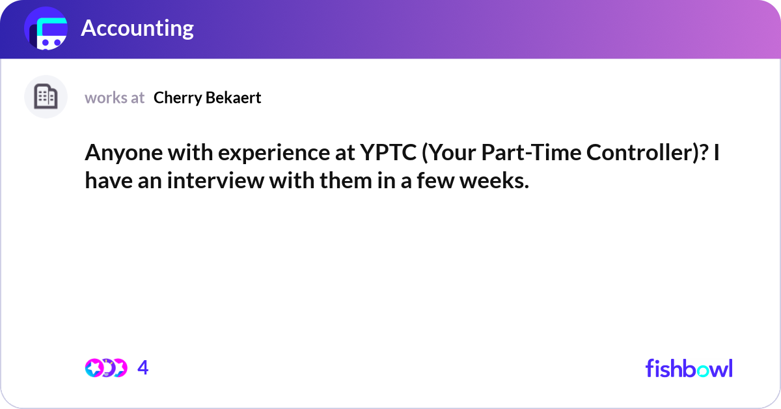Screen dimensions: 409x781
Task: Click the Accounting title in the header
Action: click(137, 28)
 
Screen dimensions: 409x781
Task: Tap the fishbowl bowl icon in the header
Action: click(46, 29)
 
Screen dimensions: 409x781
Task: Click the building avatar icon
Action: click(46, 97)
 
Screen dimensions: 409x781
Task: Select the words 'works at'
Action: click(115, 98)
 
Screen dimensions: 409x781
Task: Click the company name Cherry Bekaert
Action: click(207, 98)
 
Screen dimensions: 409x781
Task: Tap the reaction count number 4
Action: click(143, 368)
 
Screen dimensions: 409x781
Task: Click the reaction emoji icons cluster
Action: click(105, 368)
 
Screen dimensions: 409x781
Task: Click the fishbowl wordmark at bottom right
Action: click(689, 368)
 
